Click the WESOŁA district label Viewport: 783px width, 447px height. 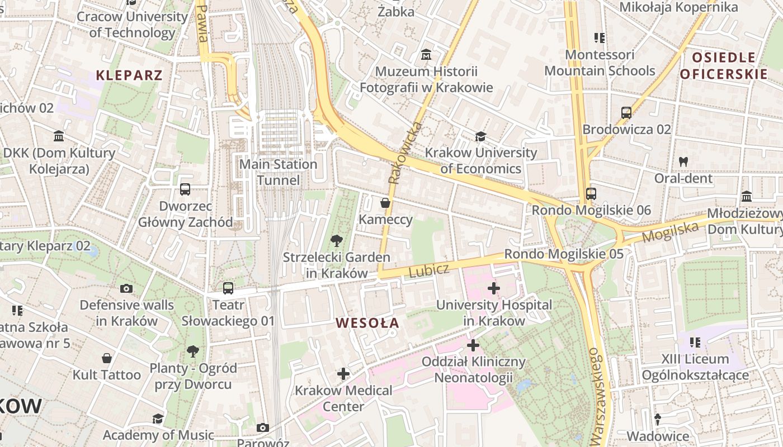[x=367, y=323]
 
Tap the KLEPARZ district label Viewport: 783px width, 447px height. [x=129, y=75]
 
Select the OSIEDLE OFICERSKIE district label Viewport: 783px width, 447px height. [x=724, y=66]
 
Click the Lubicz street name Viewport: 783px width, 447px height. [x=428, y=271]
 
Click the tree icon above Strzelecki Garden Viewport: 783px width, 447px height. [x=336, y=241]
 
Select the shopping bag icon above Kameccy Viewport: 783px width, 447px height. [x=385, y=203]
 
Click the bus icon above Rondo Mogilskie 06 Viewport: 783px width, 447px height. [x=591, y=194]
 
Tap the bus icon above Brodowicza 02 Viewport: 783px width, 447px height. [x=626, y=113]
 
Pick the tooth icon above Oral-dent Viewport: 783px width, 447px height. [x=683, y=162]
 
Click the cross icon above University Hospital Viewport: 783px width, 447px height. [x=493, y=288]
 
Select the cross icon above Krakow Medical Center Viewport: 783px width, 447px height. [x=343, y=374]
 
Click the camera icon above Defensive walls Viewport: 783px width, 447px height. [x=126, y=288]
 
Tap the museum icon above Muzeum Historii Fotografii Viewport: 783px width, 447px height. [x=427, y=55]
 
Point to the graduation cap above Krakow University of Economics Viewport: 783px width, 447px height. [x=480, y=136]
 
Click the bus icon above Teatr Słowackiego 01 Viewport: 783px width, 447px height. [x=228, y=288]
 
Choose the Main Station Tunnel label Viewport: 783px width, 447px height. [x=278, y=172]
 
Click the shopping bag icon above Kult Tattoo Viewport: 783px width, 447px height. [x=106, y=358]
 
